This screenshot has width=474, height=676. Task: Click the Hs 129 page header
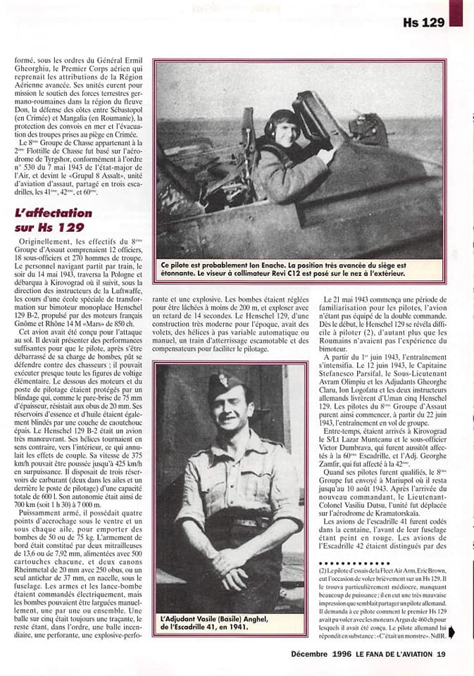pyautogui.click(x=423, y=23)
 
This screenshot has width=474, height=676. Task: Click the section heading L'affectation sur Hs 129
pyautogui.click(x=53, y=220)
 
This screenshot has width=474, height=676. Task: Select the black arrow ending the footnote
pyautogui.click(x=451, y=632)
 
